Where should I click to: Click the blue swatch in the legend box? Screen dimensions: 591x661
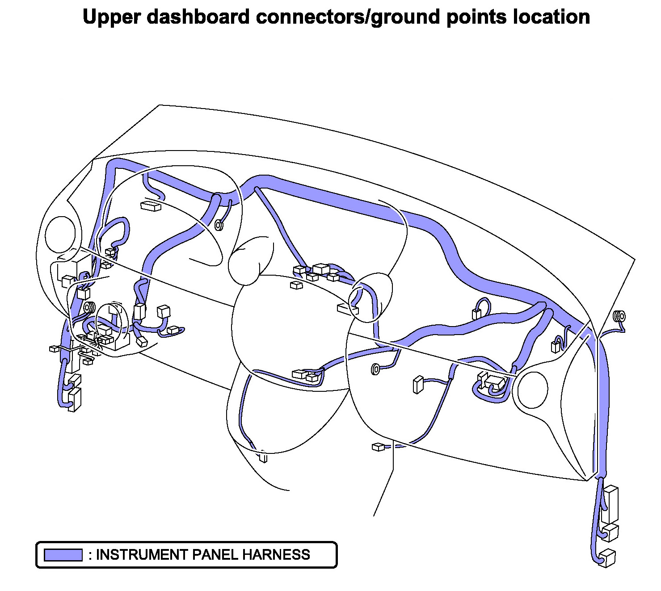[63, 555]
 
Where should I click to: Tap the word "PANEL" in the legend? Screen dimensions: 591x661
[215, 555]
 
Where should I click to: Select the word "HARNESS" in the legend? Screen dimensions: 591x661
[276, 555]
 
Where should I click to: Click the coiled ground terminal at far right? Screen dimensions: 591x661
[619, 317]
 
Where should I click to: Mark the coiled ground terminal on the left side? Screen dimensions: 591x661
[90, 307]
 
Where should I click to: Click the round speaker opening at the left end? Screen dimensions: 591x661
[61, 234]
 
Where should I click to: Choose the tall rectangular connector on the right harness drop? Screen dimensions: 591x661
[610, 505]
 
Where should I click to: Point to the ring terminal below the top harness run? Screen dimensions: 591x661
[219, 225]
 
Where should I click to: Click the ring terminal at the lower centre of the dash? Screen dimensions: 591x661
[375, 369]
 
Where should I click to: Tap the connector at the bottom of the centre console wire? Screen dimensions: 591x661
[263, 457]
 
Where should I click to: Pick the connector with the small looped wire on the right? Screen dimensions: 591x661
[476, 313]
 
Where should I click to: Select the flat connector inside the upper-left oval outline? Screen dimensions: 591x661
[151, 206]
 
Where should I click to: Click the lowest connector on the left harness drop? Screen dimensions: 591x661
[75, 400]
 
